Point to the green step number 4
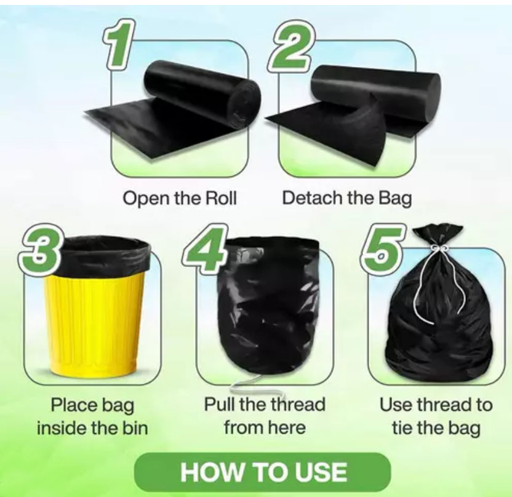(204, 248)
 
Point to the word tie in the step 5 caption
(403, 428)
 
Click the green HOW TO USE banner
(263, 472)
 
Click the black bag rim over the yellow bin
(105, 255)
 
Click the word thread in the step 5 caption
(442, 405)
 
